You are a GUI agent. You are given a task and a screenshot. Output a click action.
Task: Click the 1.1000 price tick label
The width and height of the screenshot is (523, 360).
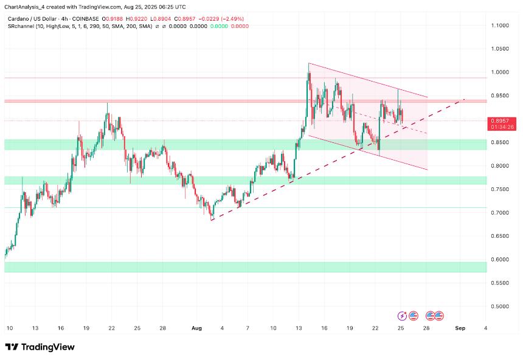click(x=501, y=26)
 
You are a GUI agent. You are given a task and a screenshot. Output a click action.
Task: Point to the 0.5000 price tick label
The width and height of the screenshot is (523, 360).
click(x=501, y=306)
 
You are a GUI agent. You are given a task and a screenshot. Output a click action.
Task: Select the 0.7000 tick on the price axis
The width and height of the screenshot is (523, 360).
click(x=501, y=213)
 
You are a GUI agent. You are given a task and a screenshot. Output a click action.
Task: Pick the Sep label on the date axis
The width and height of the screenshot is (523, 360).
click(x=460, y=328)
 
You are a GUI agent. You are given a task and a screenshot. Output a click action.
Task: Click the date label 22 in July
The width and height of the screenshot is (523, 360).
click(x=111, y=328)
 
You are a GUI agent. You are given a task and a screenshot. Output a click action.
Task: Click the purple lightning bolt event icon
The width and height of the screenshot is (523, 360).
click(x=402, y=316)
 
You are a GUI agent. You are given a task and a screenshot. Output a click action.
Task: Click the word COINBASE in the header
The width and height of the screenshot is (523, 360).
click(x=85, y=19)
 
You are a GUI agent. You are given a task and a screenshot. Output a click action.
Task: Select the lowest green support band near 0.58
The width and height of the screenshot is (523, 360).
click(x=243, y=267)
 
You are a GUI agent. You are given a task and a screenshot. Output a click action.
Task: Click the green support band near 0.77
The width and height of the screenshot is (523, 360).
click(x=243, y=181)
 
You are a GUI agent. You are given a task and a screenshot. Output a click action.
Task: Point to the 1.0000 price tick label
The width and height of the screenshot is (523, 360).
click(x=501, y=72)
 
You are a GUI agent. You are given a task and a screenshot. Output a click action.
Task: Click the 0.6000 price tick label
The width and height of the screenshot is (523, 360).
click(x=501, y=260)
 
